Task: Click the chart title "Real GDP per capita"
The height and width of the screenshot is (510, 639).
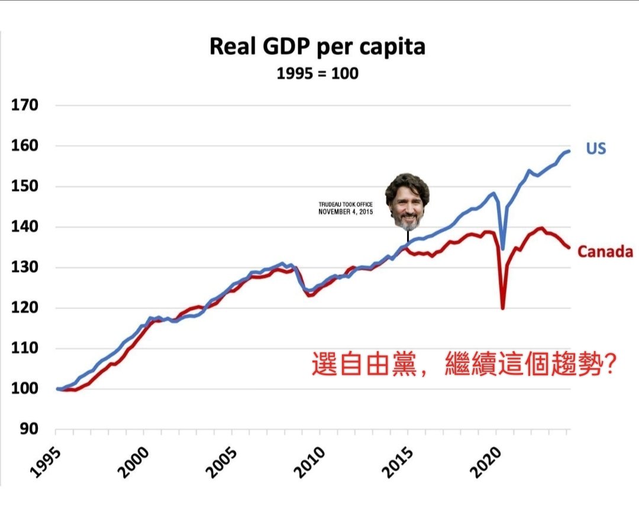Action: click(318, 47)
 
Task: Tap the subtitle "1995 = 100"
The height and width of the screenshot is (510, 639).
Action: click(318, 74)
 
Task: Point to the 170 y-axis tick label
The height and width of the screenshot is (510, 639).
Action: click(24, 105)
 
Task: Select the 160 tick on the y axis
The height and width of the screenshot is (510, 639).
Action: click(24, 145)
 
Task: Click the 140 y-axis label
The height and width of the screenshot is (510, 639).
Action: click(24, 226)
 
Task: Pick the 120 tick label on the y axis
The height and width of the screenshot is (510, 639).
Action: click(24, 307)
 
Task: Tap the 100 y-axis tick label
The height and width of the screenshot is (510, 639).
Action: click(24, 388)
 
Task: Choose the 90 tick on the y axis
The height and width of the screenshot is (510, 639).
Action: click(29, 428)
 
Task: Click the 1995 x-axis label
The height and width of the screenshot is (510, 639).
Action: click(46, 462)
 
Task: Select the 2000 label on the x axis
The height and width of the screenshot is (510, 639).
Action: click(133, 462)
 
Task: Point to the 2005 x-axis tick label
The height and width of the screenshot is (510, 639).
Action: click(221, 462)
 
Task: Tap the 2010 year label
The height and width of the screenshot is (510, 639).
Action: click(309, 462)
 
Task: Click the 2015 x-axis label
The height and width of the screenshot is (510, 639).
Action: click(398, 462)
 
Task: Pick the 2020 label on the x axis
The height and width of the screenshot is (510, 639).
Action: click(486, 462)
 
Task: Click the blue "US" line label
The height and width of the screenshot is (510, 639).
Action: click(596, 148)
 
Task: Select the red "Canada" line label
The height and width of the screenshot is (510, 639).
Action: click(605, 252)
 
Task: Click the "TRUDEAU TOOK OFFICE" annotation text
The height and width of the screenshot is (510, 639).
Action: click(346, 204)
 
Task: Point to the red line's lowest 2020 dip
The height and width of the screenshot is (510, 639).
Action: click(503, 308)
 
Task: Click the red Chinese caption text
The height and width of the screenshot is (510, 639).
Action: click(464, 363)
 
